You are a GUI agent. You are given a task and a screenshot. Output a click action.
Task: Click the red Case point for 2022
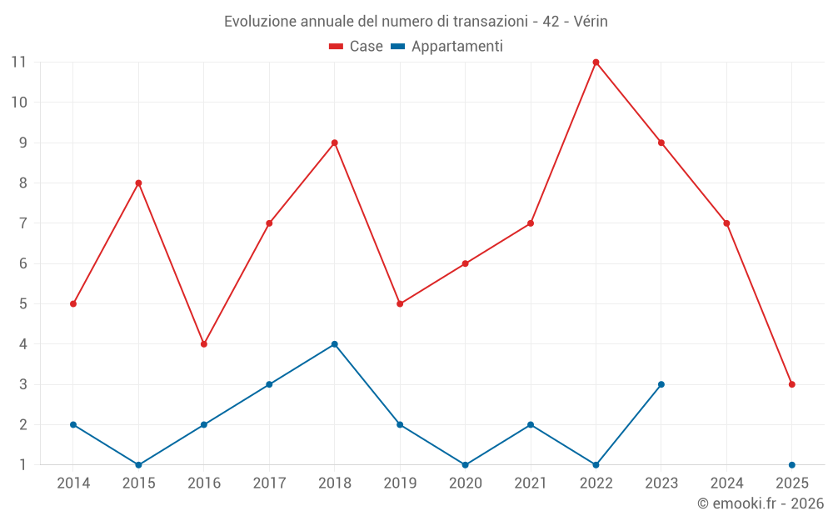pos(596,62)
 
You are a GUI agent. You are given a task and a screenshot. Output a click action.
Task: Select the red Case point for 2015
pos(138,183)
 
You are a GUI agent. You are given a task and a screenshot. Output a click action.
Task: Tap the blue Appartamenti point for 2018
pos(334,344)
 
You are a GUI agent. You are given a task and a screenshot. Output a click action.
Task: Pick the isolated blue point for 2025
pos(791,465)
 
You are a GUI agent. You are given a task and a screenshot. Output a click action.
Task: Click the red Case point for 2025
pos(791,384)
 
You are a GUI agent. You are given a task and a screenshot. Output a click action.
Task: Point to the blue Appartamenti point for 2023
pos(661,384)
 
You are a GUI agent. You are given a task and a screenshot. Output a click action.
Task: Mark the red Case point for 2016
pos(203,344)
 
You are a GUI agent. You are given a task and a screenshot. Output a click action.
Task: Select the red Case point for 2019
pos(400,303)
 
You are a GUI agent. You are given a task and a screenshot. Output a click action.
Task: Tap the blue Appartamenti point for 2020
pos(465,465)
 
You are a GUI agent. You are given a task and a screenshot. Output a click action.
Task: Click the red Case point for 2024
pos(726,223)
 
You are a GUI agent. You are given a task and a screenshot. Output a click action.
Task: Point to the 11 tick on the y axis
pos(18,62)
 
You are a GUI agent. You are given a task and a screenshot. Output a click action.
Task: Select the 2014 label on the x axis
pos(73,483)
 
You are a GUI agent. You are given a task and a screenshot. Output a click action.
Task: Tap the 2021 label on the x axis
pos(531,483)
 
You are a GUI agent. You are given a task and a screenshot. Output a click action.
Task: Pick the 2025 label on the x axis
pos(791,483)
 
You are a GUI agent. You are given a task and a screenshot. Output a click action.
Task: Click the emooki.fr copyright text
pos(761,503)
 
